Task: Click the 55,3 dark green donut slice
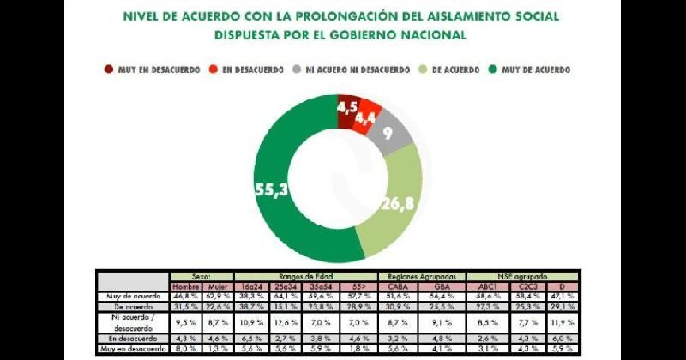click(x=283, y=189)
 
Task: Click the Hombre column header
click(x=185, y=286)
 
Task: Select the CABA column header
click(x=398, y=286)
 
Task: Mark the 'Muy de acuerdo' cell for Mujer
click(x=219, y=296)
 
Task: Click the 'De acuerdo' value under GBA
click(x=442, y=305)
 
